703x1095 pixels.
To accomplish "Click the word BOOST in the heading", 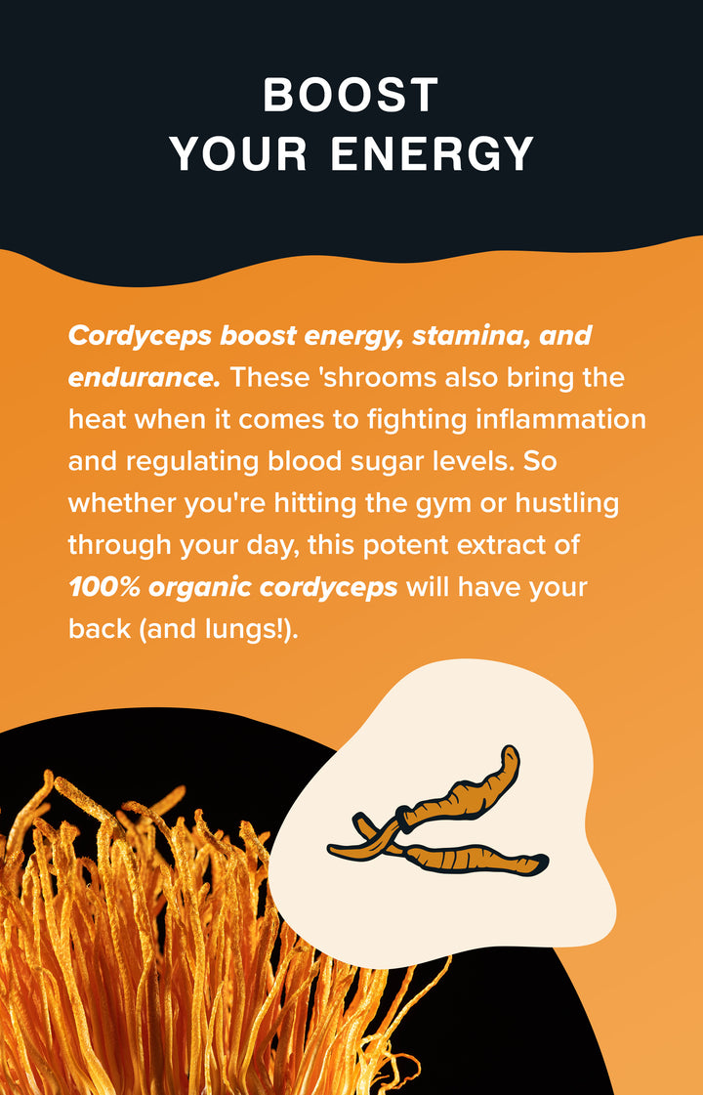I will pyautogui.click(x=351, y=96).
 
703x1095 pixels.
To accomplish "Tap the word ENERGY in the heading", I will pyautogui.click(x=433, y=154).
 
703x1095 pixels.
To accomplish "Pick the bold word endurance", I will pyautogui.click(x=145, y=376).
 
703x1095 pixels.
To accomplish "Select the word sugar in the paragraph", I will pyautogui.click(x=395, y=461).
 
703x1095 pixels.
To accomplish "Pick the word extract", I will pyautogui.click(x=514, y=545).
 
